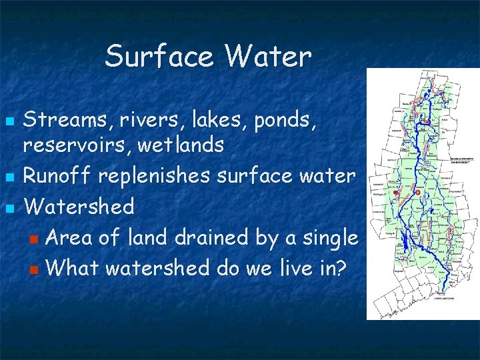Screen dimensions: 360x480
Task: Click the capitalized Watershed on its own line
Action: click(79, 206)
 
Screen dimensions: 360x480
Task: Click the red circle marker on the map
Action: click(417, 192)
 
